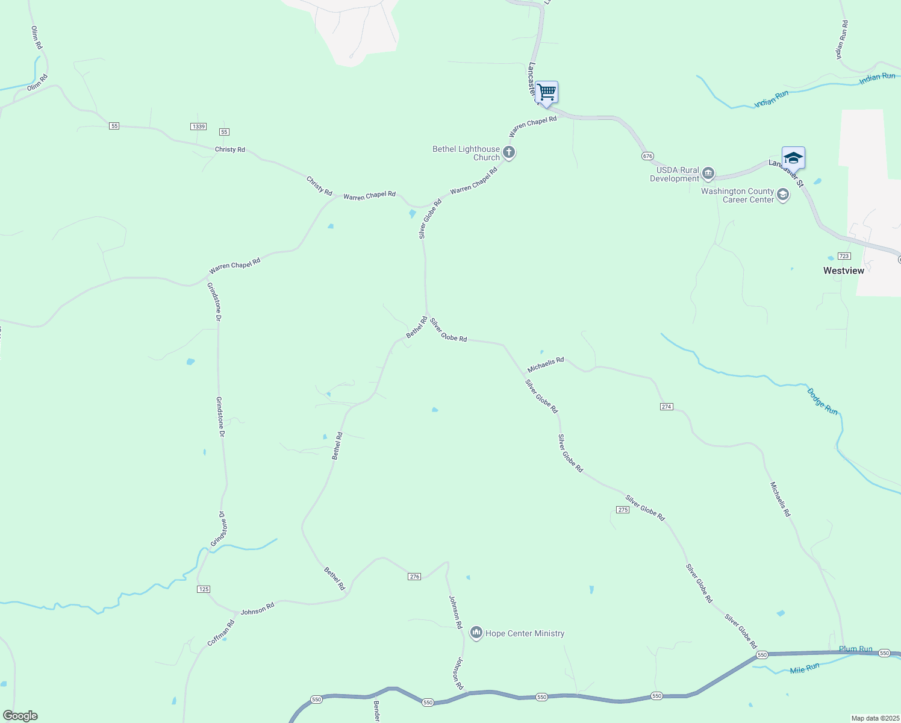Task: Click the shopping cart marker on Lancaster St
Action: tap(546, 93)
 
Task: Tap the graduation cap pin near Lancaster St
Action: tap(793, 158)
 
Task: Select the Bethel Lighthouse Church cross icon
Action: tap(509, 152)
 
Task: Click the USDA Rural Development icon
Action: tap(708, 174)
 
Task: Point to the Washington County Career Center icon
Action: tap(783, 195)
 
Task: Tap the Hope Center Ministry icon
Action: tap(476, 633)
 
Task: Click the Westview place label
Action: tap(843, 271)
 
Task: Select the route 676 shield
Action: tap(647, 156)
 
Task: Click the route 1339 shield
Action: tap(198, 127)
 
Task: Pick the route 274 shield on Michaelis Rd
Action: tap(666, 407)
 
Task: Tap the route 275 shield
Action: tap(623, 510)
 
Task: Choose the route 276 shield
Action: tap(414, 577)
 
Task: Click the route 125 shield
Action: tap(204, 589)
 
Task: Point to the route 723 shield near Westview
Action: tap(844, 256)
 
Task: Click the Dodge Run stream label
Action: tap(822, 401)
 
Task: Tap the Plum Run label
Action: tap(855, 649)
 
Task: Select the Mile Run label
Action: tap(805, 668)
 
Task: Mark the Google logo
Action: tap(20, 716)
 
